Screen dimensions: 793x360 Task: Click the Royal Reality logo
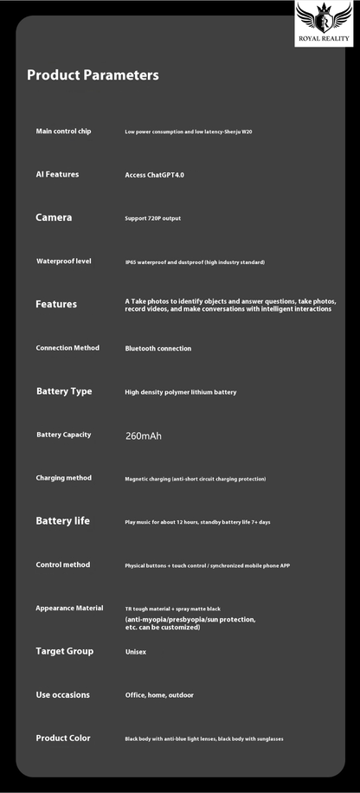click(324, 23)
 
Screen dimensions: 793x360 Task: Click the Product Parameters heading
click(93, 75)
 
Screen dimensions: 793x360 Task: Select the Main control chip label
click(63, 132)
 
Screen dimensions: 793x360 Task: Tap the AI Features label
click(57, 175)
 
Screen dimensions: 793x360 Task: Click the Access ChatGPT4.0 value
click(155, 175)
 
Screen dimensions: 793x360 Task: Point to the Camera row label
click(54, 218)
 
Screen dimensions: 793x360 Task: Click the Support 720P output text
click(153, 219)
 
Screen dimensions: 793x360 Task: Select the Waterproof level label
click(64, 261)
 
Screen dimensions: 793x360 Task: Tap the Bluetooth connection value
click(158, 349)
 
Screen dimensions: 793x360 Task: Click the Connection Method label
click(67, 348)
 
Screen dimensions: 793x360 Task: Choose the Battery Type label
click(64, 391)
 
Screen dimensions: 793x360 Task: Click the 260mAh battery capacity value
click(144, 435)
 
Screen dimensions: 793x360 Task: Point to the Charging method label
click(63, 478)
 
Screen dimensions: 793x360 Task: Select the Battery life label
click(62, 521)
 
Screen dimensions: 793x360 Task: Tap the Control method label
click(62, 564)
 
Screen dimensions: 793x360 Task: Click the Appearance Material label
click(69, 608)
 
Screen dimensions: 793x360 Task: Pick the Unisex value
click(136, 652)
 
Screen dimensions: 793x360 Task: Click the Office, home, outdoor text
click(159, 695)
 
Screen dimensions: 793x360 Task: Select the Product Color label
click(63, 738)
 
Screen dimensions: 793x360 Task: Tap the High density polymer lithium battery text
click(180, 392)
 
